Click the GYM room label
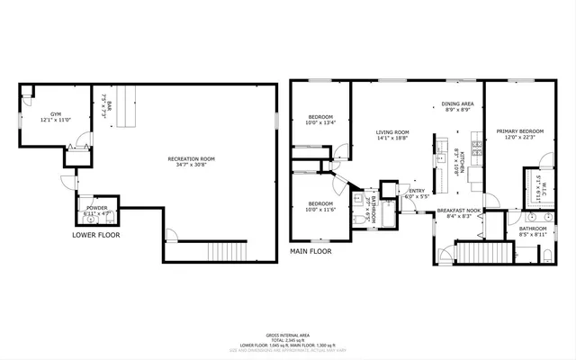click(x=55, y=114)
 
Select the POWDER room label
click(x=96, y=208)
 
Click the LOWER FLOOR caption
click(x=95, y=235)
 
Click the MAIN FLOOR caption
click(x=310, y=251)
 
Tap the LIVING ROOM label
click(x=392, y=132)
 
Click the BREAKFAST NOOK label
click(x=458, y=210)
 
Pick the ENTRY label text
click(x=417, y=190)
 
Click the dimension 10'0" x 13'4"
click(x=321, y=123)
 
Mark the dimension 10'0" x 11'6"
click(x=321, y=209)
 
